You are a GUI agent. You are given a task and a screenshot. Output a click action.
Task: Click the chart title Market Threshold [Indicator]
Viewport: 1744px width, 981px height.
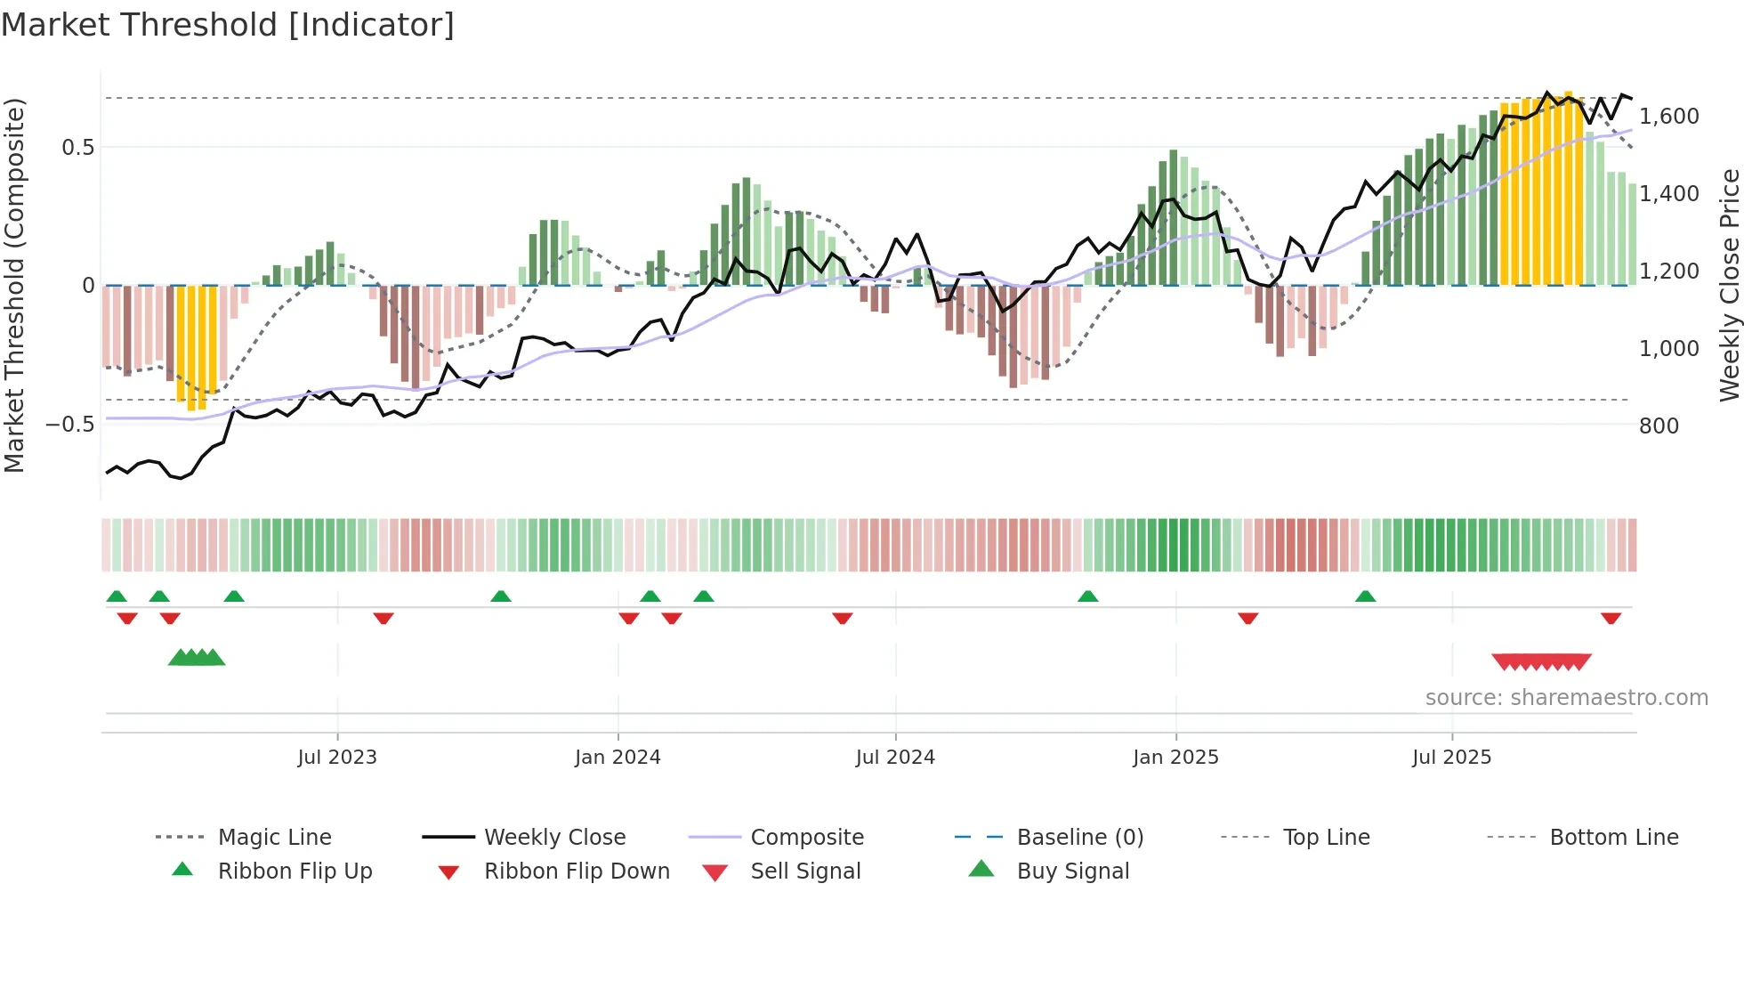[x=228, y=25]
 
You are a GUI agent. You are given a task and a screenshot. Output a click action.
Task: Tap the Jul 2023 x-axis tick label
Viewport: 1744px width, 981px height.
[x=337, y=758]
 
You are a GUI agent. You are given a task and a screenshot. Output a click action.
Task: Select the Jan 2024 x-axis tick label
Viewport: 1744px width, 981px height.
[x=618, y=758]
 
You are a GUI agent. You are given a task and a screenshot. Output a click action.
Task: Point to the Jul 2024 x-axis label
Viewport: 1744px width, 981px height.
[x=895, y=758]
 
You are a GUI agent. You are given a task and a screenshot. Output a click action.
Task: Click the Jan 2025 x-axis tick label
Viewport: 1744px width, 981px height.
[x=1175, y=758]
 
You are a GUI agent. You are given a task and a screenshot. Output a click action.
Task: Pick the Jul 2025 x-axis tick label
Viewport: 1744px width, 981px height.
[x=1451, y=758]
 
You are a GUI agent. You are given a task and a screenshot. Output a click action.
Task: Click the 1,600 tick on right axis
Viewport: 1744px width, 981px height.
[x=1669, y=117]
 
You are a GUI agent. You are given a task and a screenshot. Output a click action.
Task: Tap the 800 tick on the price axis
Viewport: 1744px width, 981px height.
[x=1659, y=426]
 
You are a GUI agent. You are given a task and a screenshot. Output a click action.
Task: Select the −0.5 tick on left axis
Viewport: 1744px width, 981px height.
[x=69, y=425]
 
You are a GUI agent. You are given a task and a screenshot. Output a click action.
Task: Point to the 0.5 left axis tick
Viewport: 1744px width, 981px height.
[x=77, y=148]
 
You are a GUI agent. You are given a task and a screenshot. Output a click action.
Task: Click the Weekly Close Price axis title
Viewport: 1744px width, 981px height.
[x=1729, y=285]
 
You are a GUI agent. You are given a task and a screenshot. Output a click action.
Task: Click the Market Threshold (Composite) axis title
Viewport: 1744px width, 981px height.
[x=14, y=285]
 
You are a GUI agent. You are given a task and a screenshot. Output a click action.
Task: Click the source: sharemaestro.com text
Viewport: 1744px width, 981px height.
[x=1566, y=698]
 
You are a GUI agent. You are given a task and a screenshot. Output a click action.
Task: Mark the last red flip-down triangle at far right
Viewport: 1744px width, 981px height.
[x=1611, y=618]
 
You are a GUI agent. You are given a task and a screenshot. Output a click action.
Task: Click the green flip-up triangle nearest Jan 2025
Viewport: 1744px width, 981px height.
[x=1087, y=596]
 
